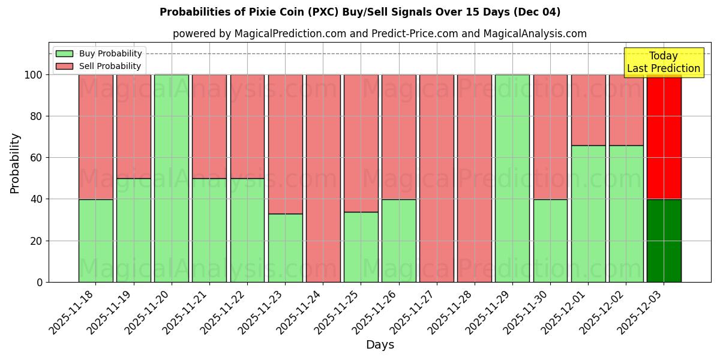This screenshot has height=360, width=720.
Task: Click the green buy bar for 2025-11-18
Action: (95, 241)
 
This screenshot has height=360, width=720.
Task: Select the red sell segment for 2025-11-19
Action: (133, 126)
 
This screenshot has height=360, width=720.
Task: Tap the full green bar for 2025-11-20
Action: (171, 178)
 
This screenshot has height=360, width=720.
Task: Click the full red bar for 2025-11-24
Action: (323, 178)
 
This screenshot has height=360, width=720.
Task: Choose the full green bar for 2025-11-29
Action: (512, 178)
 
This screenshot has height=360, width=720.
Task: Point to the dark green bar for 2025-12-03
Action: (664, 241)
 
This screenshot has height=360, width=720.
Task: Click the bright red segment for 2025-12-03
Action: (664, 138)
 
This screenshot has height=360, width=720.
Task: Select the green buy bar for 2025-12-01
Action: (588, 214)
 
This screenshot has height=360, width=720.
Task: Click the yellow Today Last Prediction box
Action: (664, 62)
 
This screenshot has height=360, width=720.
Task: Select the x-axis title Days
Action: (380, 345)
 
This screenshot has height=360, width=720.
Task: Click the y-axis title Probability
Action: (15, 163)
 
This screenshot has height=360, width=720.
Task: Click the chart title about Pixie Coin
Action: (360, 12)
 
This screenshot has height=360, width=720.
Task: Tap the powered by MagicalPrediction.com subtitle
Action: (380, 34)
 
